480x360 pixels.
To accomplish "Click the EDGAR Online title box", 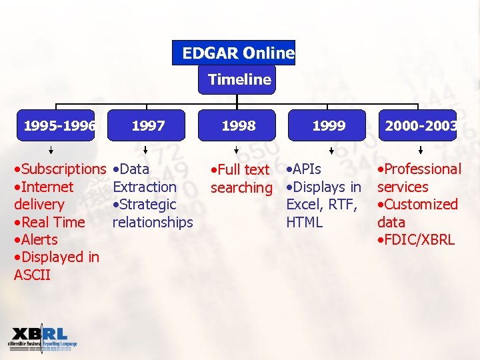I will click(233, 53).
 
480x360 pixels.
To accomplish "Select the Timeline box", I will click(239, 80).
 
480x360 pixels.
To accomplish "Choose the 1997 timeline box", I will click(147, 125).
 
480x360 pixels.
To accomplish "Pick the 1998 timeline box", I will click(238, 125).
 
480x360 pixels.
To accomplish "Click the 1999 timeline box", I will click(328, 125).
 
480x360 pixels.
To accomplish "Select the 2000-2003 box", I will click(419, 125).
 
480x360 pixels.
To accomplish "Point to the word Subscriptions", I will click(64, 169).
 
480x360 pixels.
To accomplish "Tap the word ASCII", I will click(32, 275).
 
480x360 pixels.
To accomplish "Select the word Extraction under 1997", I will click(145, 187).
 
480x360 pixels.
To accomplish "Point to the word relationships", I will click(153, 222).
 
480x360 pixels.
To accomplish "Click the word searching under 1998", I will click(241, 188).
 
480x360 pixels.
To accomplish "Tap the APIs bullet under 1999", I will click(306, 169).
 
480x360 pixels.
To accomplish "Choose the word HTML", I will click(305, 222).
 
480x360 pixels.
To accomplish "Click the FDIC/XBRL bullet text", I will click(419, 240).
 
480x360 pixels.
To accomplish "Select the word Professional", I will click(423, 169).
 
